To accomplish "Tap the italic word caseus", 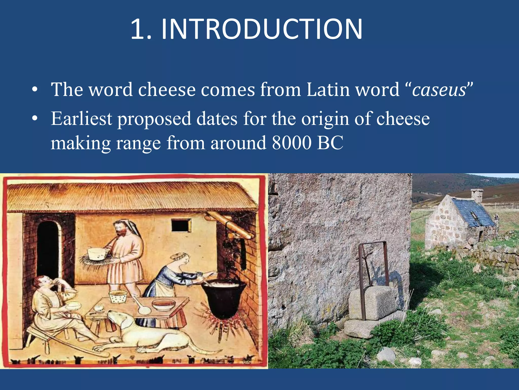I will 439,90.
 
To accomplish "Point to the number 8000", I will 291,143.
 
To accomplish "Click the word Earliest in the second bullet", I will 81,119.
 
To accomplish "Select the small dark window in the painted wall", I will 181,225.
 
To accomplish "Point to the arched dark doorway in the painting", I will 48,249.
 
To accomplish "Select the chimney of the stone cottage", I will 477,195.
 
